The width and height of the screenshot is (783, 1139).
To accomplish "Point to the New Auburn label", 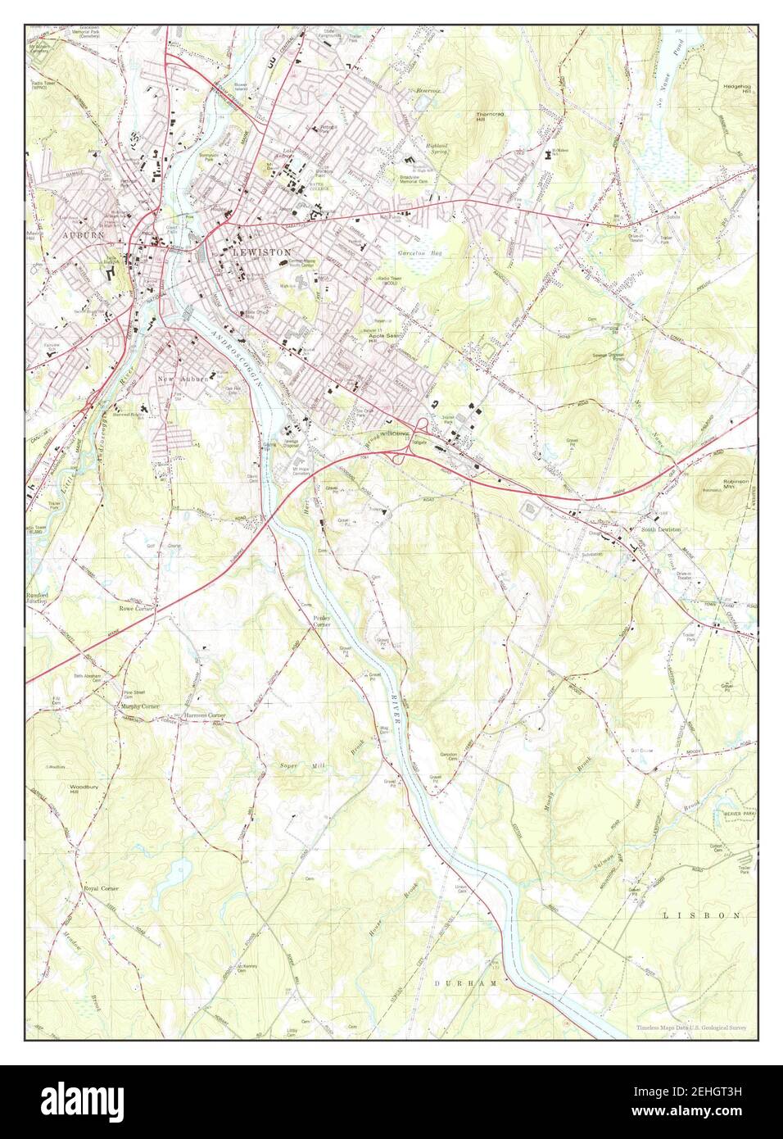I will tap(184, 379).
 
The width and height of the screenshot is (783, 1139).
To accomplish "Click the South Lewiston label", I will tap(661, 530).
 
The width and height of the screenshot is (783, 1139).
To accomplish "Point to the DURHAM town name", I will tap(455, 982).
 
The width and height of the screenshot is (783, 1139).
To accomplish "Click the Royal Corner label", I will tap(102, 888).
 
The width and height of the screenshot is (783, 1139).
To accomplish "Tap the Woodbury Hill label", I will tap(84, 789).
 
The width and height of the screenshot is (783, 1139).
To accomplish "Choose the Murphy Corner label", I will tap(139, 706).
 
